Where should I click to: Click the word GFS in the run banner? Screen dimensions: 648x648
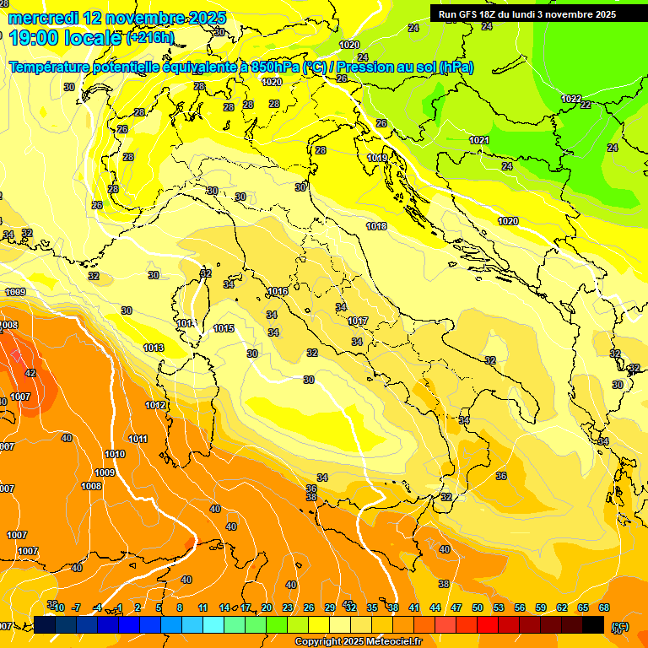click(x=468, y=14)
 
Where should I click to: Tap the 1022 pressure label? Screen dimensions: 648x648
click(x=571, y=99)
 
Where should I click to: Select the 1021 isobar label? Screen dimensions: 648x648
click(x=479, y=140)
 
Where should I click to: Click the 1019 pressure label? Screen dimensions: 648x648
click(x=377, y=158)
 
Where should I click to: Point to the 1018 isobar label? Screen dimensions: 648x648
click(x=376, y=226)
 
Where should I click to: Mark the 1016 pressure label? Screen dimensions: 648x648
click(x=278, y=291)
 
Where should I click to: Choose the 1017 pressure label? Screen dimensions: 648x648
click(x=358, y=321)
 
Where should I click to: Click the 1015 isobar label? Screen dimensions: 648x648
click(x=224, y=328)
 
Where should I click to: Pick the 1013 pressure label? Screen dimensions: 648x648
click(x=154, y=348)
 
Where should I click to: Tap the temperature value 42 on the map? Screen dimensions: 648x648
click(x=30, y=373)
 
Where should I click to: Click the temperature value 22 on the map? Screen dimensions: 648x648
click(x=586, y=105)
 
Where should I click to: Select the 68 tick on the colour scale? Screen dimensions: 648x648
click(x=604, y=607)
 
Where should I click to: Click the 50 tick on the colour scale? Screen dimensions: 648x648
click(x=478, y=607)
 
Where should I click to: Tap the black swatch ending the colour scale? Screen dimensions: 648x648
click(x=593, y=624)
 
